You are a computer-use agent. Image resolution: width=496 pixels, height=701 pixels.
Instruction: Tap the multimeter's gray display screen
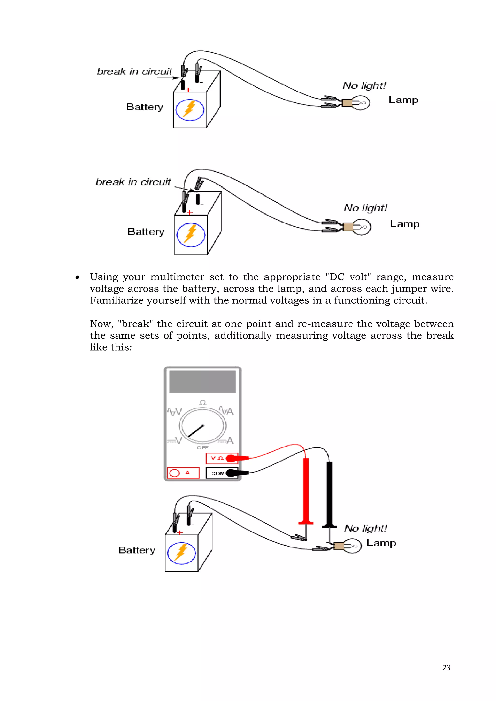pos(202,382)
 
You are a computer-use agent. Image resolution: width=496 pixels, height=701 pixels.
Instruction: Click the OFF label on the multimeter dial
pos(202,447)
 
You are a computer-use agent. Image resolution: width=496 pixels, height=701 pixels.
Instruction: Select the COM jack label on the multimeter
pos(217,473)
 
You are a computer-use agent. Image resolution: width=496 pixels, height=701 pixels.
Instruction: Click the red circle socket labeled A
pos(174,473)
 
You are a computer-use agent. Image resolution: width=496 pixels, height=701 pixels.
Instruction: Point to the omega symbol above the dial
pos(202,403)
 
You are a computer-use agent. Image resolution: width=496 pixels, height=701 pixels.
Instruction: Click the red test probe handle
pos(305,488)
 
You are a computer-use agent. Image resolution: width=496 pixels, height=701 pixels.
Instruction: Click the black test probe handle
pos(329,492)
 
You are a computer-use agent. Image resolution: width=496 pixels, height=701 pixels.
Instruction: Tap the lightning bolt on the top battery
pos(189,109)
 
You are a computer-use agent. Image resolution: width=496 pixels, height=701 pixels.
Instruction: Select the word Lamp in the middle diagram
pos(405,224)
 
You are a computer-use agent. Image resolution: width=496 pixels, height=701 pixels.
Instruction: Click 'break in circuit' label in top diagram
pos(134,71)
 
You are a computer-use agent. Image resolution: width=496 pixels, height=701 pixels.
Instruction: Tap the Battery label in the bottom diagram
pos(137,550)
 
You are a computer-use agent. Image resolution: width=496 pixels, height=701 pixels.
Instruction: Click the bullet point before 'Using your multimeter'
pos(77,277)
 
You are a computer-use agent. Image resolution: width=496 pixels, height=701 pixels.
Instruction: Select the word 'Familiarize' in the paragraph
pos(117,300)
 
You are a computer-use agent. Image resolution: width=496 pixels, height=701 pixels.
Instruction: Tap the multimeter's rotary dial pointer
pos(196,431)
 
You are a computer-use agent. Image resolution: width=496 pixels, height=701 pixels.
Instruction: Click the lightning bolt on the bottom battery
pos(181,553)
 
